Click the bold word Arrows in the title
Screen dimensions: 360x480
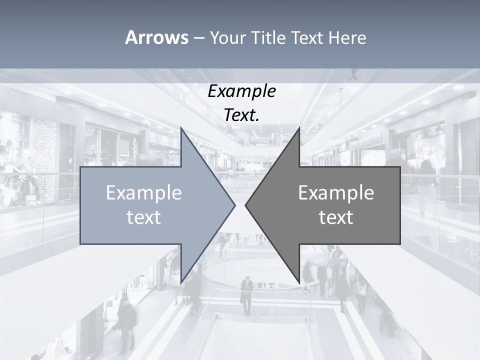[156, 37]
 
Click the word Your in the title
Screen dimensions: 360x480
[227, 37]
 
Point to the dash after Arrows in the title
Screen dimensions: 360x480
[198, 38]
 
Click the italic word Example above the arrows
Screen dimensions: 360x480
[241, 91]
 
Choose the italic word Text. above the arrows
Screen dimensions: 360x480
[241, 115]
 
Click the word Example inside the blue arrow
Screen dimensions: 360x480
[144, 193]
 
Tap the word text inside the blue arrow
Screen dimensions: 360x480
[144, 217]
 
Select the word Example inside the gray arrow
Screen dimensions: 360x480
[336, 193]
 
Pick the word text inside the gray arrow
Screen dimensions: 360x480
[336, 217]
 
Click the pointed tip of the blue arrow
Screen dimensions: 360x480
[234, 205]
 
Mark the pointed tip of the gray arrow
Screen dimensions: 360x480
[246, 205]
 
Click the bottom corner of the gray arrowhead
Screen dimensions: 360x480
[299, 281]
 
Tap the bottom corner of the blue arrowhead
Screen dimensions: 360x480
[181, 281]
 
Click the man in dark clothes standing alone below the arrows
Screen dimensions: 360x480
[246, 295]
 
